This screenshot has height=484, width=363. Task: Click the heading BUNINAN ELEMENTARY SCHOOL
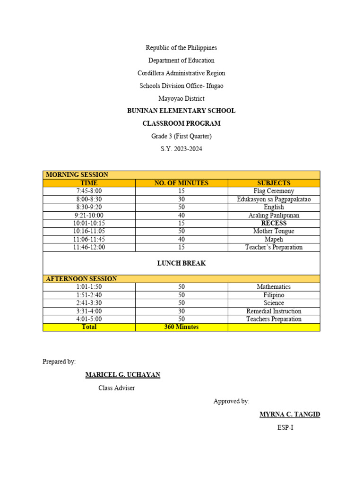(x=181, y=111)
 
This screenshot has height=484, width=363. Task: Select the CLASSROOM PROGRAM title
(x=181, y=123)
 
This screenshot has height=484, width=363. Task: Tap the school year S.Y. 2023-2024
(x=181, y=149)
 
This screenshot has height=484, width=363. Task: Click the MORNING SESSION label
(x=77, y=175)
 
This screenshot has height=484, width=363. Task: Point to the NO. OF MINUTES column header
(x=181, y=183)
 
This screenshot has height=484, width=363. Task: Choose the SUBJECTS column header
(x=274, y=183)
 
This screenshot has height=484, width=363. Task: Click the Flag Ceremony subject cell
(x=274, y=191)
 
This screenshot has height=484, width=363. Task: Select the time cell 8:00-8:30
(x=89, y=199)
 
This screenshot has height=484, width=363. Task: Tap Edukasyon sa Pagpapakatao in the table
(x=274, y=199)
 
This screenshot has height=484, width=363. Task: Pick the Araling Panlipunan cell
(x=274, y=215)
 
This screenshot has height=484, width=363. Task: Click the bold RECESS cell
(x=274, y=223)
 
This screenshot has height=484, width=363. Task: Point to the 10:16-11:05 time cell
(x=89, y=231)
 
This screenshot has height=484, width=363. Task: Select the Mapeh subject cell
(x=274, y=239)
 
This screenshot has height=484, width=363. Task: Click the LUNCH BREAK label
(x=181, y=263)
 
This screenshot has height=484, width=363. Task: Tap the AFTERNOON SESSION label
(x=81, y=279)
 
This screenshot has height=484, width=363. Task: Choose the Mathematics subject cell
(x=274, y=287)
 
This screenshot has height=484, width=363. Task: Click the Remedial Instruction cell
(x=274, y=311)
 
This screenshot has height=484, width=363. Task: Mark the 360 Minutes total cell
(x=181, y=327)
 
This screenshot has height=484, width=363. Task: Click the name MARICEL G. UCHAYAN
(x=122, y=375)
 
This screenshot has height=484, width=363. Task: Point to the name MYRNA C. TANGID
(x=290, y=415)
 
